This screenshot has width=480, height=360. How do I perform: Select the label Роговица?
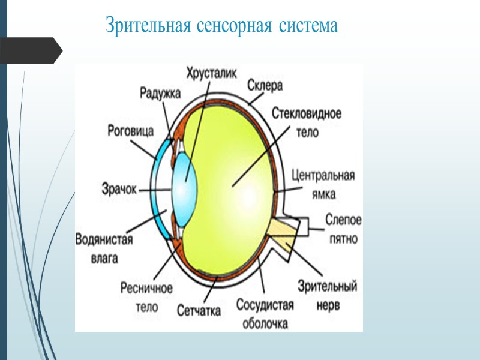click(x=130, y=130)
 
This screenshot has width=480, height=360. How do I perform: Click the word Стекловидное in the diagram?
click(x=307, y=113)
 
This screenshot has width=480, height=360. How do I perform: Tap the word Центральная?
click(x=323, y=176)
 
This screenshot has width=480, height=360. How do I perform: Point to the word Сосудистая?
click(x=265, y=305)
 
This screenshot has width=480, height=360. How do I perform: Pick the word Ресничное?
click(x=146, y=289)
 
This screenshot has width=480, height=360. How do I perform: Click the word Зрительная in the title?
click(x=148, y=26)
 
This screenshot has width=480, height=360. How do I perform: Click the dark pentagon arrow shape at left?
click(x=30, y=50)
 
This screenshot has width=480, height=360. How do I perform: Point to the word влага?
click(x=104, y=259)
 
